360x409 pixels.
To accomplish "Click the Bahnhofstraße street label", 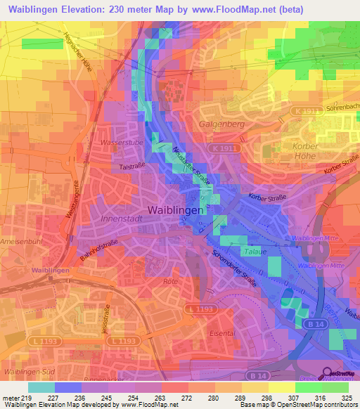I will (x=98, y=251).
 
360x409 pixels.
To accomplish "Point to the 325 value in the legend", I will (x=348, y=397).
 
